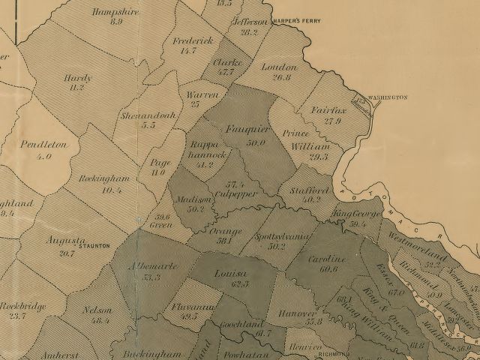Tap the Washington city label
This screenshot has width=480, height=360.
point(388,97)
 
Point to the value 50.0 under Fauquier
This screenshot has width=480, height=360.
point(256,142)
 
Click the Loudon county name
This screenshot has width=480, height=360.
point(280,67)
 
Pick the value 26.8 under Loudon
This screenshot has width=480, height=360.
point(281,77)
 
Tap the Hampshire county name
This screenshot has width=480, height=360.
point(115,11)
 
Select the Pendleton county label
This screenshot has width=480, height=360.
point(43,144)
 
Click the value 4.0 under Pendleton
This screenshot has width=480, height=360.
point(43,157)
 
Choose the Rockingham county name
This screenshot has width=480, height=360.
point(105,178)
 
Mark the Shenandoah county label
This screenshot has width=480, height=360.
point(147,115)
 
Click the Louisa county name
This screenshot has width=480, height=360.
point(226,273)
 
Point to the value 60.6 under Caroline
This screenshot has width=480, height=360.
point(328,268)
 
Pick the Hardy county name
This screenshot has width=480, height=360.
point(77,77)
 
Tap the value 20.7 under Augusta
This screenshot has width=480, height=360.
point(67,253)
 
